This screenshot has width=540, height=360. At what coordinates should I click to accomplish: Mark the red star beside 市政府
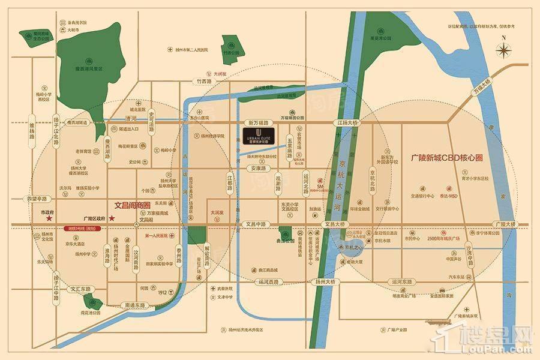49,220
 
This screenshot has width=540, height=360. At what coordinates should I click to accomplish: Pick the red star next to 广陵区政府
127,220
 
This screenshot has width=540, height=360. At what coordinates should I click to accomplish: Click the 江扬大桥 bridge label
347,122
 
